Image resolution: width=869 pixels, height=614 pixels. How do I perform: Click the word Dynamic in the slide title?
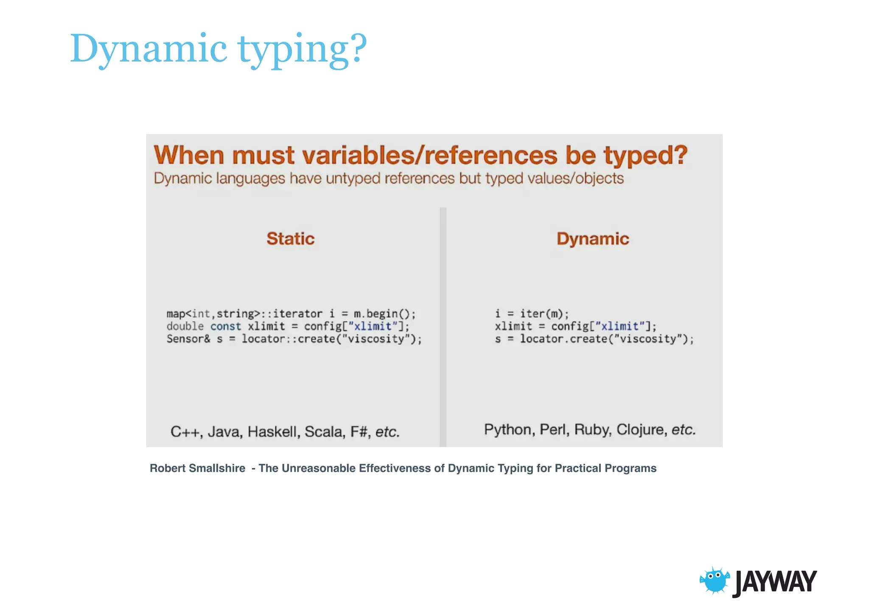(x=149, y=49)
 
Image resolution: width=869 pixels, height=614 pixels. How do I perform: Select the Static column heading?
(x=291, y=239)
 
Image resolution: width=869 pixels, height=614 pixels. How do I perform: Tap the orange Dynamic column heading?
(x=593, y=239)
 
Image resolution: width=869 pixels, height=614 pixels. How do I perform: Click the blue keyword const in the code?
(x=225, y=326)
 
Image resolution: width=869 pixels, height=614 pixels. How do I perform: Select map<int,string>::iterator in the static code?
(x=244, y=314)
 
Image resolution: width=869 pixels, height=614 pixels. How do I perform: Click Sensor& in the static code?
(x=188, y=339)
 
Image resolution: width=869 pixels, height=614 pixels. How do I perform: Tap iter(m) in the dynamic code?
(x=544, y=314)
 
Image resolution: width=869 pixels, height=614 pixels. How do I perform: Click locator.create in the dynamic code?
(x=564, y=339)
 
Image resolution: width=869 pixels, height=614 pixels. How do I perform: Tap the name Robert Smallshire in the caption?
(x=197, y=468)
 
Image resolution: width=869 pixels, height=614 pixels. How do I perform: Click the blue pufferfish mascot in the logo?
(x=715, y=580)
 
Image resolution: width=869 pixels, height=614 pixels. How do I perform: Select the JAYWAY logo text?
(x=775, y=582)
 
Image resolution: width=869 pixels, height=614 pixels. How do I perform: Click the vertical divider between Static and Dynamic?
(x=443, y=327)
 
